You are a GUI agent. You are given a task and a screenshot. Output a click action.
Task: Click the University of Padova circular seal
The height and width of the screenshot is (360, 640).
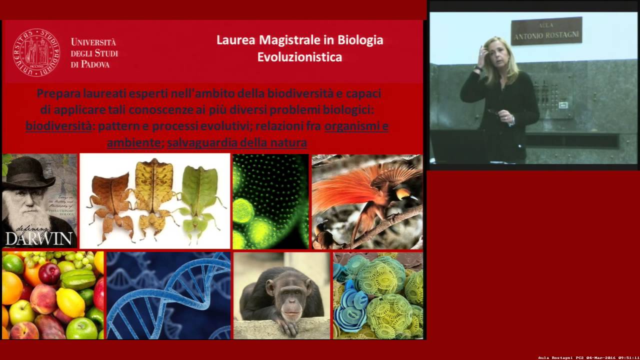click(x=36, y=52)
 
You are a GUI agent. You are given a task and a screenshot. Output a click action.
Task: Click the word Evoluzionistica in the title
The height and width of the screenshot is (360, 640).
click(x=299, y=57)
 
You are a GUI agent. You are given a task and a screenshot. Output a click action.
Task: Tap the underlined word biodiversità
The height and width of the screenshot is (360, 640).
click(x=58, y=126)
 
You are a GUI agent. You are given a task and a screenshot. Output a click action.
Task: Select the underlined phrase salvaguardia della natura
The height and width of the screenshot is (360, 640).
click(x=237, y=143)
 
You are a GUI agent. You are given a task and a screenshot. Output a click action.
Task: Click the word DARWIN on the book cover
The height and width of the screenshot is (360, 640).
click(x=39, y=238)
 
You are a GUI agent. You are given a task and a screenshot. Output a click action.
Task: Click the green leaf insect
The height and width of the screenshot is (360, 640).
click(x=200, y=195)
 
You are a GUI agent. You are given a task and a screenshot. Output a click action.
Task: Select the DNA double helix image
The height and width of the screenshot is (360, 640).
click(x=168, y=295)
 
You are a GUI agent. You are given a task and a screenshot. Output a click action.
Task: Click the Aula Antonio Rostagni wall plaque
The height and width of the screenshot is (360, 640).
click(x=546, y=31)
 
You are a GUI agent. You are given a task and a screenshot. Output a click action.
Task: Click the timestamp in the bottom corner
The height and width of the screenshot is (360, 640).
click(x=588, y=357)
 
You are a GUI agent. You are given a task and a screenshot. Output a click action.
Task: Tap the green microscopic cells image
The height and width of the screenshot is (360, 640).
click(x=270, y=201)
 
